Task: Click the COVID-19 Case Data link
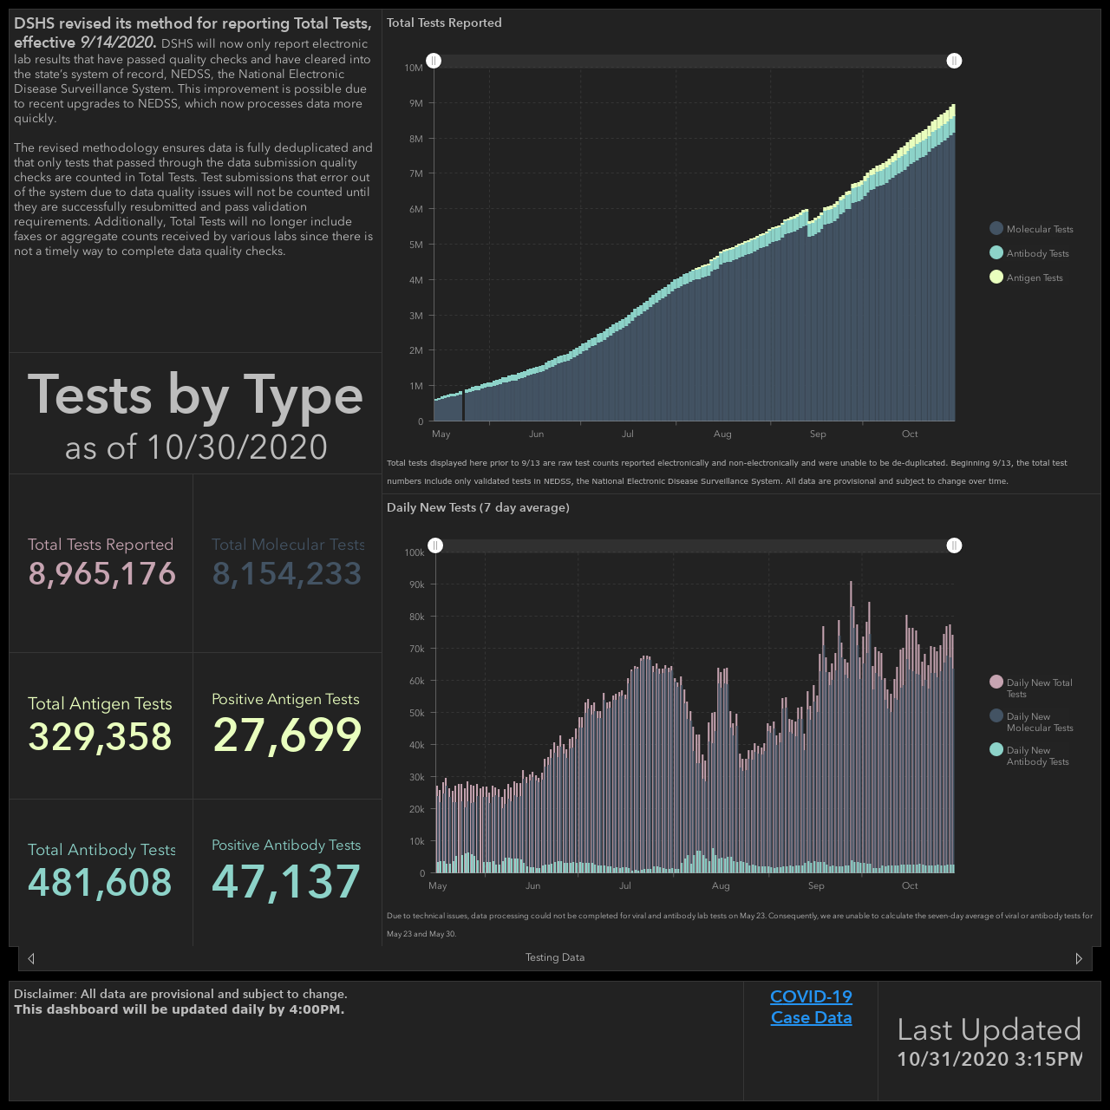click(x=811, y=1007)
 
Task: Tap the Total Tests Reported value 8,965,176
click(x=102, y=574)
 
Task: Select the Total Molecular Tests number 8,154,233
click(x=287, y=574)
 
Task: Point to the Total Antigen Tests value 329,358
click(x=101, y=737)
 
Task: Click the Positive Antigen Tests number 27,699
click(x=287, y=735)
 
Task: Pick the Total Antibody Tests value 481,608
click(x=101, y=883)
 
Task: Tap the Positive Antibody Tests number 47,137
click(x=286, y=881)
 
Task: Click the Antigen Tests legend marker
click(x=996, y=277)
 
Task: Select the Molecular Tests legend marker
click(x=996, y=229)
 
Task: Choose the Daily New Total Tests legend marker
click(x=996, y=682)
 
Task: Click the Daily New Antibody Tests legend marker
click(x=996, y=749)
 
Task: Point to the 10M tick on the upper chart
click(x=414, y=68)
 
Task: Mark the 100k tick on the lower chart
click(x=415, y=552)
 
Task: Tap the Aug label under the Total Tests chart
click(x=722, y=434)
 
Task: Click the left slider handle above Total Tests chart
click(x=434, y=61)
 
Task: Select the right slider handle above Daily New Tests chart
click(x=954, y=545)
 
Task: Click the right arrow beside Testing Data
click(x=1078, y=958)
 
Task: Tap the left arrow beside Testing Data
click(x=31, y=958)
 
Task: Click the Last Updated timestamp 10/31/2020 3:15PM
click(x=989, y=1059)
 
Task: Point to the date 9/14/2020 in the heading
click(x=118, y=42)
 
